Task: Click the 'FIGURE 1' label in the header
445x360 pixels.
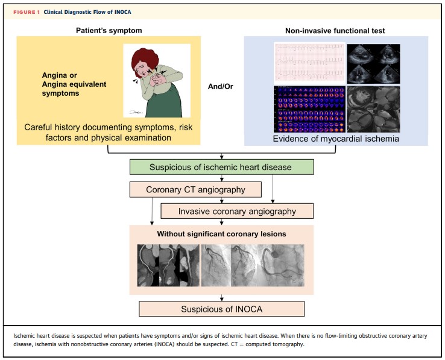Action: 27,12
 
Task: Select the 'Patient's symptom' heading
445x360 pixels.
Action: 109,31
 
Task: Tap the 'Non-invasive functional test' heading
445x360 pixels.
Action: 335,31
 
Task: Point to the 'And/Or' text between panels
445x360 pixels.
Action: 221,86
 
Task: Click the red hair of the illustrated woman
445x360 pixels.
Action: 144,58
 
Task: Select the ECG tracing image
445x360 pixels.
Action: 309,63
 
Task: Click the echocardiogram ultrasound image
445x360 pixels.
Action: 373,63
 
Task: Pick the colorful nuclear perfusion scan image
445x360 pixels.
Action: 309,109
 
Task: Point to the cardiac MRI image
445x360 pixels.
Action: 373,109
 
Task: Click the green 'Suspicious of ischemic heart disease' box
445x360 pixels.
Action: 222,167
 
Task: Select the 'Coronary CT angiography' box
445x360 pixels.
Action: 195,189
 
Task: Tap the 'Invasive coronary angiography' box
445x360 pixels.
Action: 237,211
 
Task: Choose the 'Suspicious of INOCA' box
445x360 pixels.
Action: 222,309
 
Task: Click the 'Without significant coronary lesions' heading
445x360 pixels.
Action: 222,234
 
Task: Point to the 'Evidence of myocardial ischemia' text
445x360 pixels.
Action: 336,139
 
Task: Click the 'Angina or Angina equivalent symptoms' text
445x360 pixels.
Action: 74,84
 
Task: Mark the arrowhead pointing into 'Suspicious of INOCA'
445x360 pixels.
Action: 222,299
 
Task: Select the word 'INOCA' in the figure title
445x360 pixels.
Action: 123,12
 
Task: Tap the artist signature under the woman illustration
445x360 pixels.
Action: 136,112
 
